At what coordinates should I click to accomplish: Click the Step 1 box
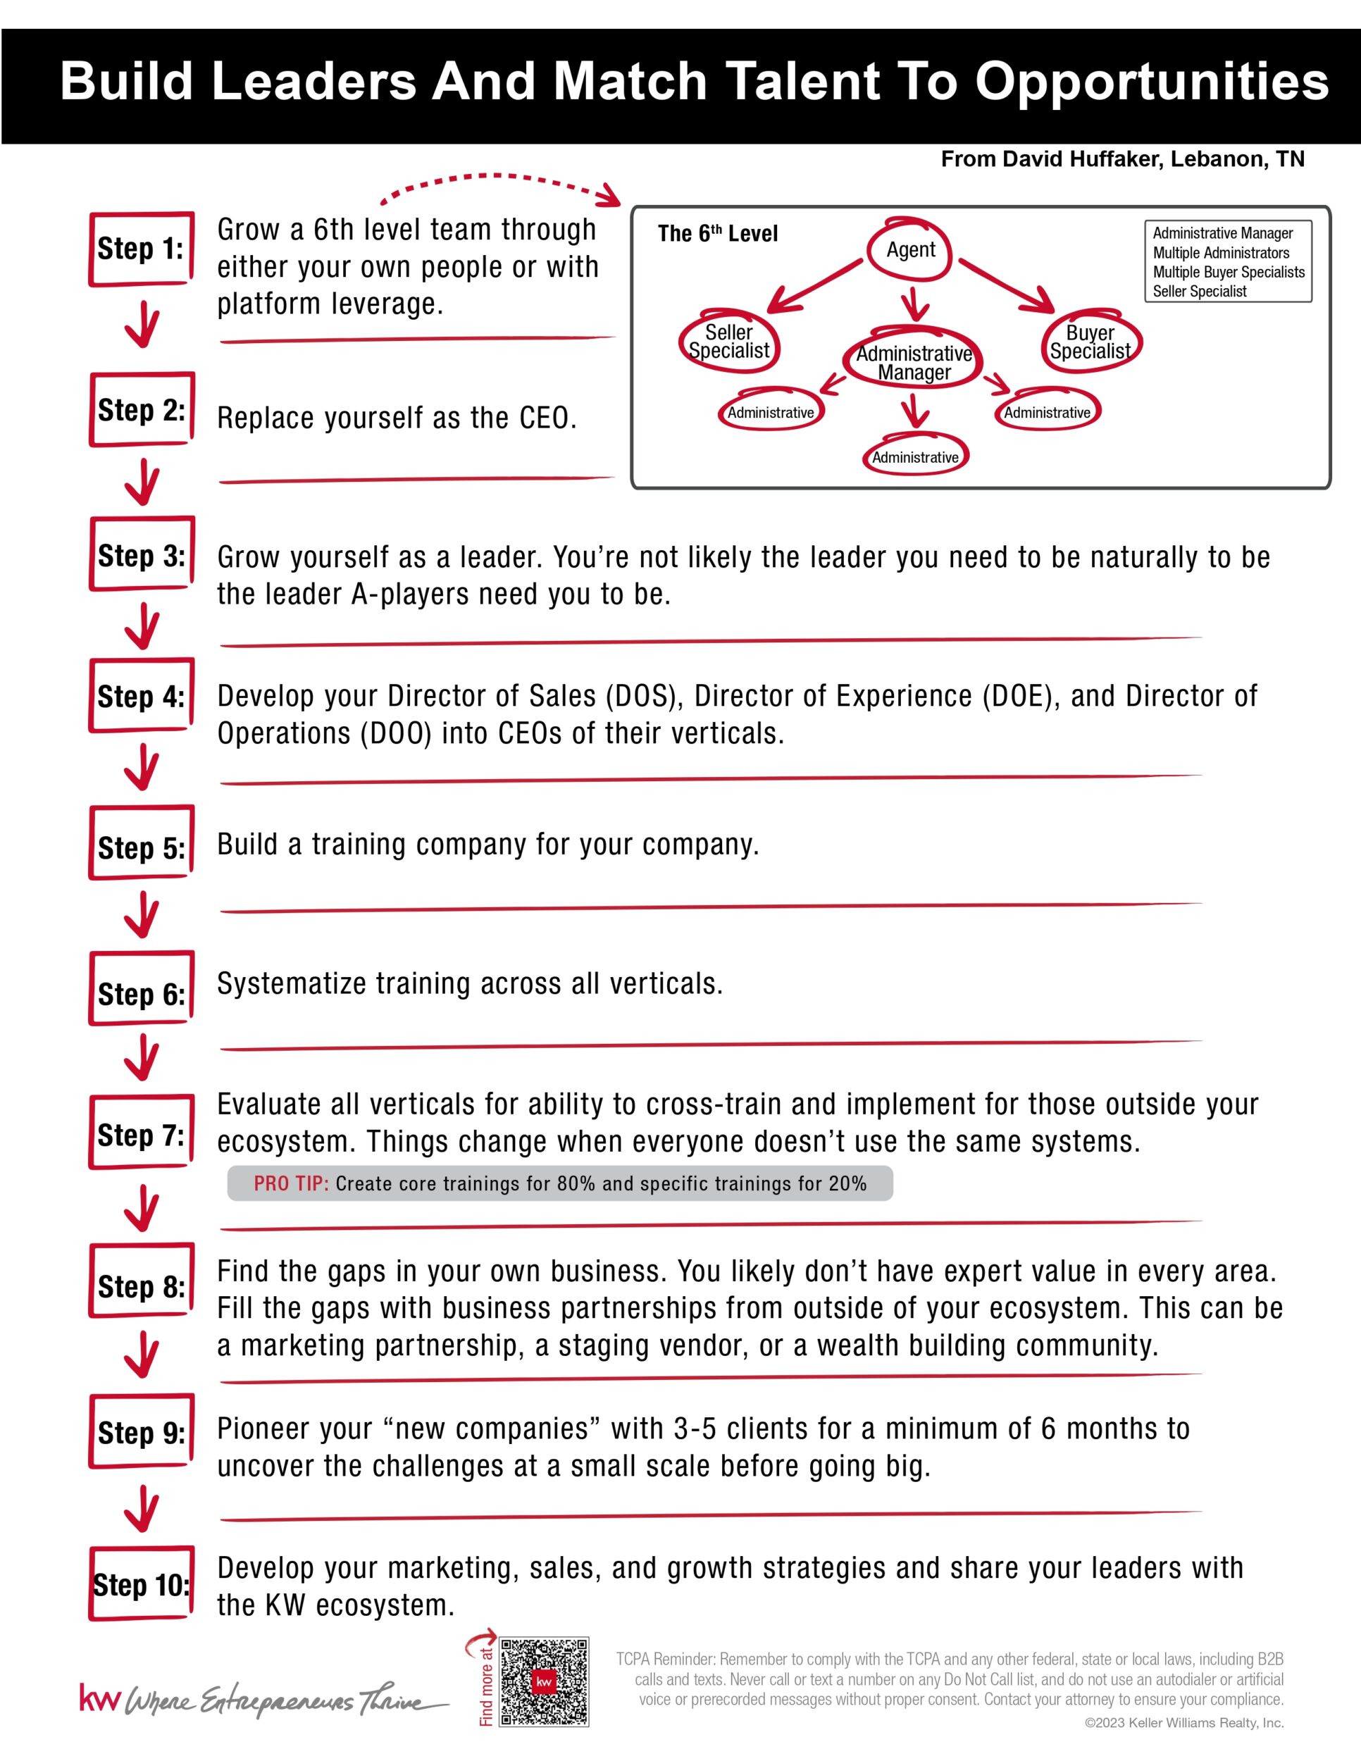point(141,249)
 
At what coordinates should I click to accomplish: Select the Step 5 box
point(141,842)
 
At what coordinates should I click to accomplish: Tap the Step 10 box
point(141,1583)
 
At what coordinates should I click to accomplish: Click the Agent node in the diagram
point(910,250)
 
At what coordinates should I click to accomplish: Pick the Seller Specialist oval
point(729,342)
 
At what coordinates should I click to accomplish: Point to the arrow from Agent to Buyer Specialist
point(1006,285)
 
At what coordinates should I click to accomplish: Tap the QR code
point(545,1681)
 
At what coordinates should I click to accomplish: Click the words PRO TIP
point(291,1183)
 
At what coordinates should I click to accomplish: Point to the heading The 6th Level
point(718,234)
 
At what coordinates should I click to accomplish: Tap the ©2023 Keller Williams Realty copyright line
point(1183,1723)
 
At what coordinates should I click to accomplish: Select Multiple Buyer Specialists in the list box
point(1228,273)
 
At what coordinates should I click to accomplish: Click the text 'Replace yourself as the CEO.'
point(397,418)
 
